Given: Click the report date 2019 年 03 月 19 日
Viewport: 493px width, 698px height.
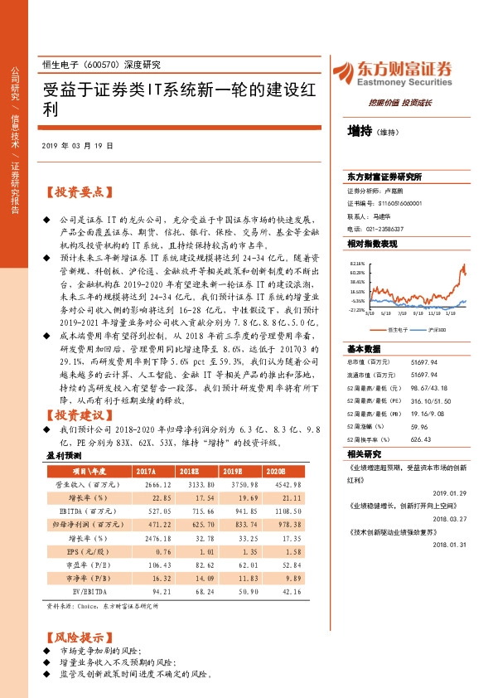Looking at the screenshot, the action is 77,145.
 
